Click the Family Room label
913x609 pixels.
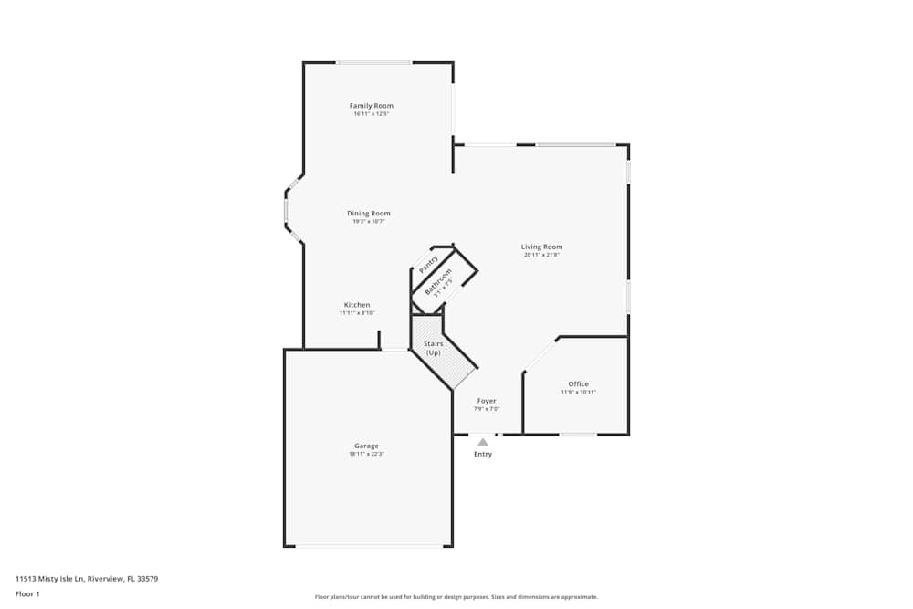[371, 106]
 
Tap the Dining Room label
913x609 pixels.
[368, 214]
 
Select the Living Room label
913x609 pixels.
[541, 247]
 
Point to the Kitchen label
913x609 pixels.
[357, 305]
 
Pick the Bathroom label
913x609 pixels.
[438, 281]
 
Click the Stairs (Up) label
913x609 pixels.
[433, 348]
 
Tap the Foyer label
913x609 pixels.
[487, 401]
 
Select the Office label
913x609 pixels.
[578, 384]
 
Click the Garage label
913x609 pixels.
[366, 446]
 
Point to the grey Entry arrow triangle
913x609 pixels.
[483, 442]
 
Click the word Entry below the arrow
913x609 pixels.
[483, 454]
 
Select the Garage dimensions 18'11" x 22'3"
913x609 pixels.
[366, 455]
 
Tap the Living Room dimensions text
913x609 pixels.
[541, 256]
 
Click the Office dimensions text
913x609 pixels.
[578, 393]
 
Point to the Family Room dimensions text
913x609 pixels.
[371, 114]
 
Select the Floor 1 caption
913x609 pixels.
[27, 593]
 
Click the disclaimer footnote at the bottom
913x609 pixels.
[457, 596]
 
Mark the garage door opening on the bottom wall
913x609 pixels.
[369, 546]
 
